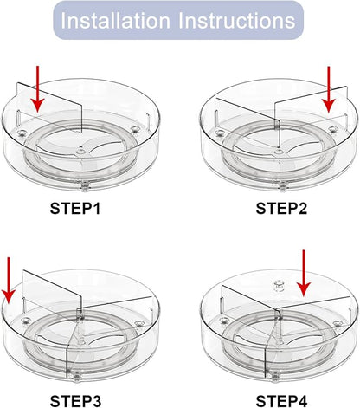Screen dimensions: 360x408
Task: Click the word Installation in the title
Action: point(115,21)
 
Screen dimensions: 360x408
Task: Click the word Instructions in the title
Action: point(236,21)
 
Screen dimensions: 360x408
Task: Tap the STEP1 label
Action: point(75,209)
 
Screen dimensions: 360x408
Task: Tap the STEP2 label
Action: point(281,209)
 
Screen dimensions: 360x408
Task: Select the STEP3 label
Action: point(75,401)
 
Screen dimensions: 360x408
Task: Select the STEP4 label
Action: point(281,401)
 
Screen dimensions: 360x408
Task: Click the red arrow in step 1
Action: point(38,89)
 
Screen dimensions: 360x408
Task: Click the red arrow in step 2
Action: point(329,89)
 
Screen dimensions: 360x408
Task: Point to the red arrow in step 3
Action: point(9,281)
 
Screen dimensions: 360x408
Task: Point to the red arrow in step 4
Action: point(304,273)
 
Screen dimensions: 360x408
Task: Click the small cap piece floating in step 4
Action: point(279,286)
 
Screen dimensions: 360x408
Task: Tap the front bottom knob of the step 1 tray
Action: point(84,186)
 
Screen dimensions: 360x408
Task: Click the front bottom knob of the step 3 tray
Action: point(76,378)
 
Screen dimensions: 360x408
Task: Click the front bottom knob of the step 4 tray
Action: point(275,377)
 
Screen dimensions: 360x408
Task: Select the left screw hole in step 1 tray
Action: point(22,133)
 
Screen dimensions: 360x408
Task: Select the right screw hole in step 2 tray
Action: point(332,130)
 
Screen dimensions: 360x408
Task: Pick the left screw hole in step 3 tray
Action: point(26,320)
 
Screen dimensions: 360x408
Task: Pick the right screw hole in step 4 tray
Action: point(337,324)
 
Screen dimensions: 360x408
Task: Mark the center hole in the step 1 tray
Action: point(80,151)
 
